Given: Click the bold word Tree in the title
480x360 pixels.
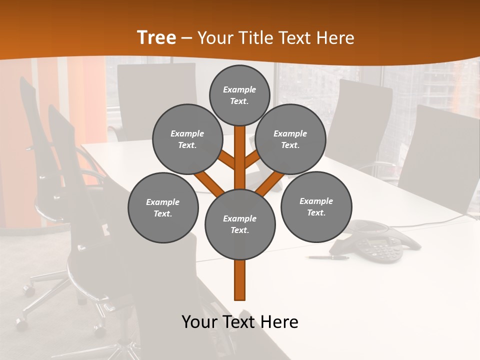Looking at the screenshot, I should pyautogui.click(x=156, y=38).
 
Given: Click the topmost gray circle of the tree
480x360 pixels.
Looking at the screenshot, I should pyautogui.click(x=239, y=94).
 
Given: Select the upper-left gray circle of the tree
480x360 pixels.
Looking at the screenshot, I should pyautogui.click(x=187, y=139).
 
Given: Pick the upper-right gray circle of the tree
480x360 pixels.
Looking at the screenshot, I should pyautogui.click(x=290, y=139).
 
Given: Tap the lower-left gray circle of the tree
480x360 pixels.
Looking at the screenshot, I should pyautogui.click(x=163, y=207).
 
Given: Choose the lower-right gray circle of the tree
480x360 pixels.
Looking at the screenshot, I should pyautogui.click(x=316, y=206).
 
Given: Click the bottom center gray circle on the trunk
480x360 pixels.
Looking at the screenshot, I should pyautogui.click(x=240, y=224).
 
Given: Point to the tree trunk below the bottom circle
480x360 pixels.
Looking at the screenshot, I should pyautogui.click(x=240, y=280).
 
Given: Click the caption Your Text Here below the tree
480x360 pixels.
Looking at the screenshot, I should pyautogui.click(x=240, y=322).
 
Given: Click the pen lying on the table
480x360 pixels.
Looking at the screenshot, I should pyautogui.click(x=328, y=257).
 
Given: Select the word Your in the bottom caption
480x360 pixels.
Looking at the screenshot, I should pyautogui.click(x=198, y=322).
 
